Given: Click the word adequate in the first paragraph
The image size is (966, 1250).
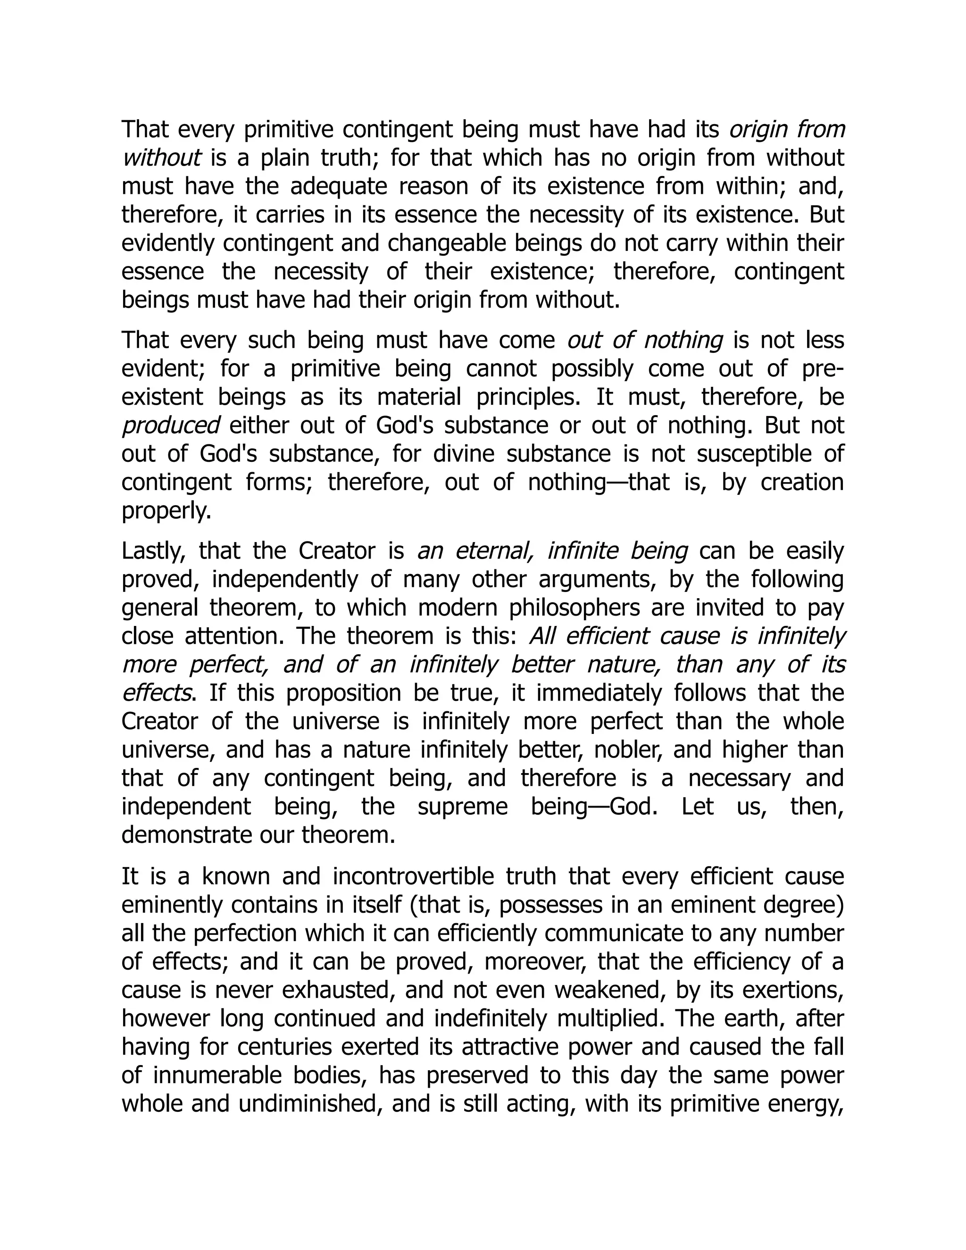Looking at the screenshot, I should pos(338,187).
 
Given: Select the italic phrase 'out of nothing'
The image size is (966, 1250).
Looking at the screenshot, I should pos(645,341).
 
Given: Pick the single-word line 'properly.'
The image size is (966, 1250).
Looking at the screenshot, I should pos(167,510).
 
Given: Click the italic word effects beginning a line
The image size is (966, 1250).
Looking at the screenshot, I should pos(156,693).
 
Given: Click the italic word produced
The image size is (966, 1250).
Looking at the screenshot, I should pos(171,426).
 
